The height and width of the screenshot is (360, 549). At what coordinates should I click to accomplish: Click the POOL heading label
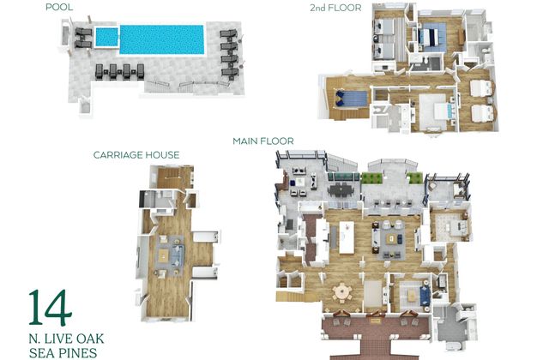pyautogui.click(x=59, y=7)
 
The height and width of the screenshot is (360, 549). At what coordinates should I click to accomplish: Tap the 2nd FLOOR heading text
pyautogui.click(x=335, y=8)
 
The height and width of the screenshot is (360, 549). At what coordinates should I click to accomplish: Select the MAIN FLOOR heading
pyautogui.click(x=263, y=141)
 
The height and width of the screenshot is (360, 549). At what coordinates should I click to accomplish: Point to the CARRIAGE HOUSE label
pyautogui.click(x=136, y=154)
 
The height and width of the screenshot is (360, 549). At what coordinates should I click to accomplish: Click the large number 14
pyautogui.click(x=50, y=308)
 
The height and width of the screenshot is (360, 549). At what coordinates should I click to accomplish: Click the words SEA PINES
pyautogui.click(x=63, y=352)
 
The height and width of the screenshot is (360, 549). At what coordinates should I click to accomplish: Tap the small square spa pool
pyautogui.click(x=106, y=37)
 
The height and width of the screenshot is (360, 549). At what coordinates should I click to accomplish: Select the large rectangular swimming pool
pyautogui.click(x=162, y=39)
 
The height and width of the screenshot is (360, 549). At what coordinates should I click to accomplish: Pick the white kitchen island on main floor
pyautogui.click(x=347, y=238)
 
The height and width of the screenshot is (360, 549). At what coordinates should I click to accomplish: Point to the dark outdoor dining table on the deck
pyautogui.click(x=340, y=190)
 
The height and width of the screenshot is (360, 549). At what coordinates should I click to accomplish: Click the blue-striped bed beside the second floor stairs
pyautogui.click(x=351, y=99)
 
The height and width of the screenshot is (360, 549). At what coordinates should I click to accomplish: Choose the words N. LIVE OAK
pyautogui.click(x=66, y=339)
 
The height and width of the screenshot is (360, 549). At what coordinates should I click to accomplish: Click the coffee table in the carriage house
pyautogui.click(x=164, y=256)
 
